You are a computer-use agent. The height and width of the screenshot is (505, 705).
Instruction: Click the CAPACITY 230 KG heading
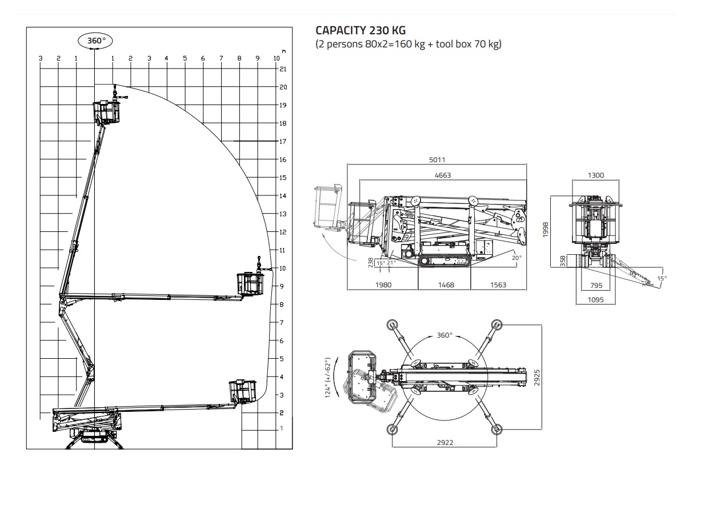point(360,30)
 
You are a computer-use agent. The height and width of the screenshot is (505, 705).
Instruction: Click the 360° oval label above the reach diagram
point(95,41)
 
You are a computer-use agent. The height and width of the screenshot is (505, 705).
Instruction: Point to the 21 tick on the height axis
point(283,69)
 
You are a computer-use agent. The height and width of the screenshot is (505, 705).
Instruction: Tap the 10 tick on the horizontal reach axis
point(277,58)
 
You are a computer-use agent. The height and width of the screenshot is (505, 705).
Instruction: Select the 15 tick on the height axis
point(283,178)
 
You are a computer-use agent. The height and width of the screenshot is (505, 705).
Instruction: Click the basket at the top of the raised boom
point(106,112)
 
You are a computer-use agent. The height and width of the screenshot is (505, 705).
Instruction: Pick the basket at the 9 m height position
point(251,284)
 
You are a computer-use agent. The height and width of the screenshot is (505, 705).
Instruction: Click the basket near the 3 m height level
point(242,391)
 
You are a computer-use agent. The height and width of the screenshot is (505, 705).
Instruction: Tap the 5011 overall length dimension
point(437,160)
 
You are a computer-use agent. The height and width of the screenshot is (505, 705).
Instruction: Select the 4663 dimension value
point(443,175)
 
